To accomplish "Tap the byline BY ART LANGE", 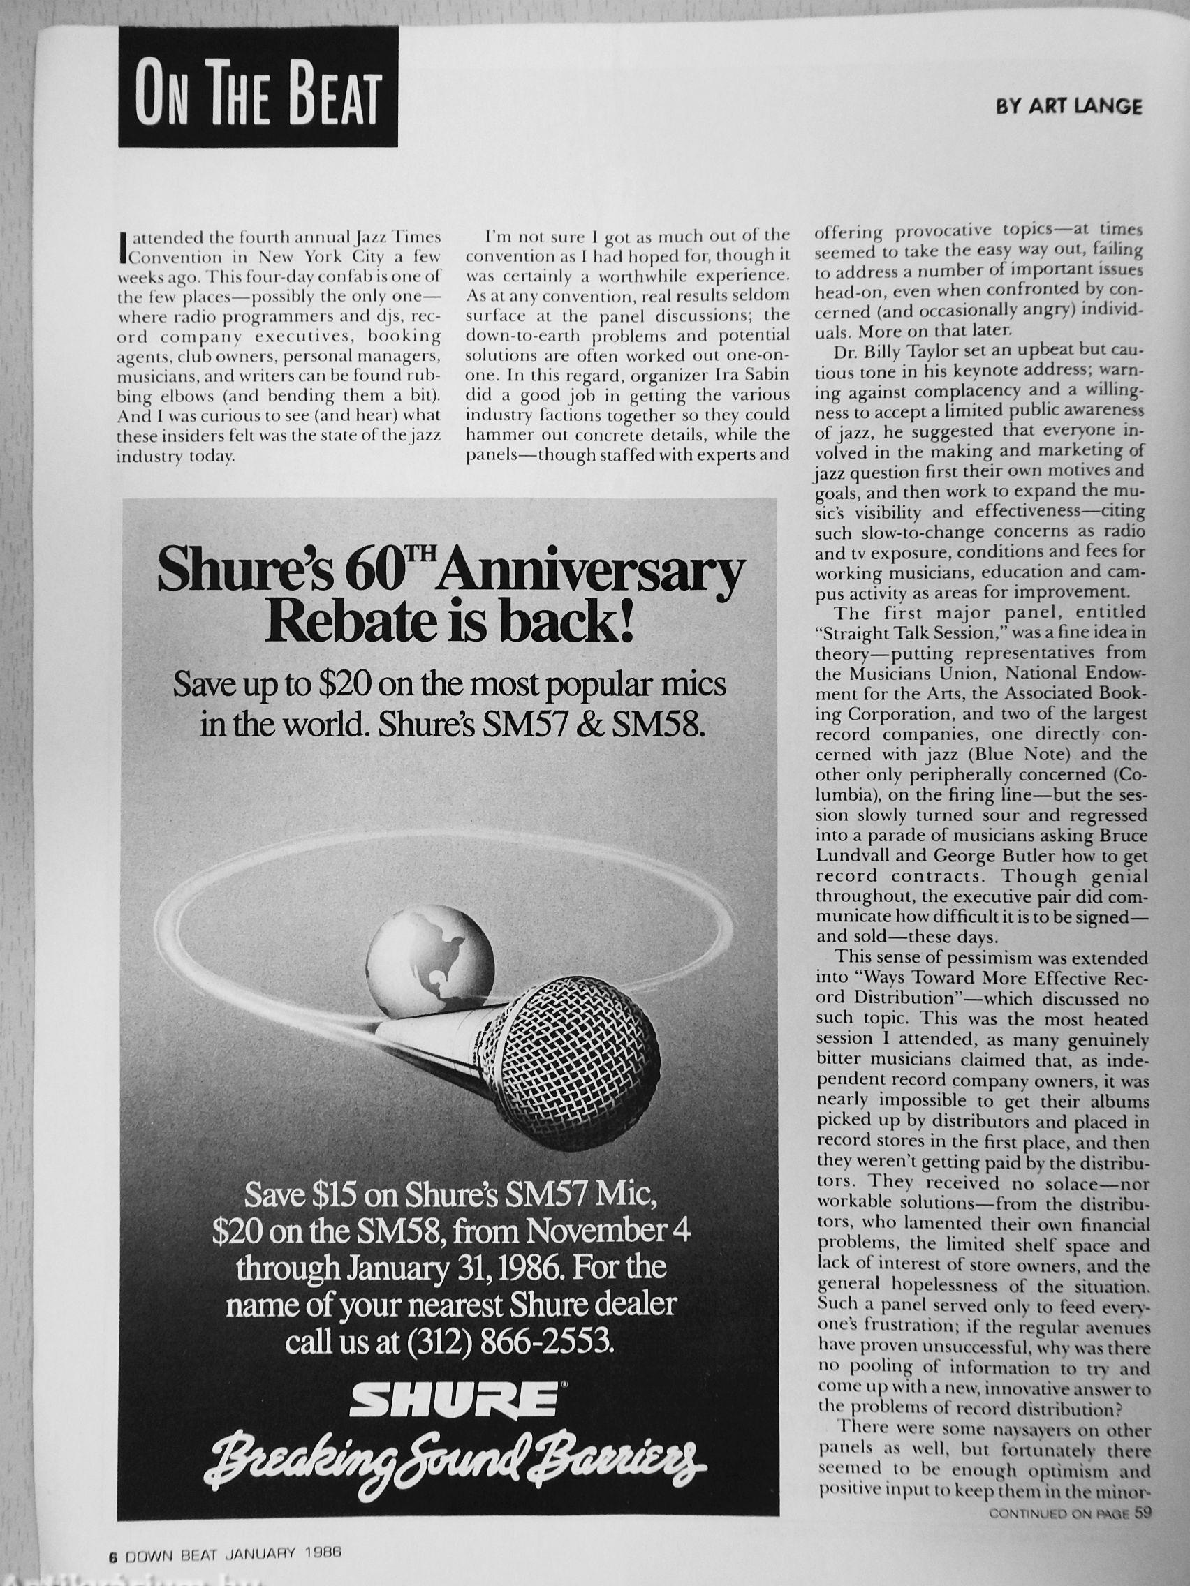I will (1068, 106).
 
